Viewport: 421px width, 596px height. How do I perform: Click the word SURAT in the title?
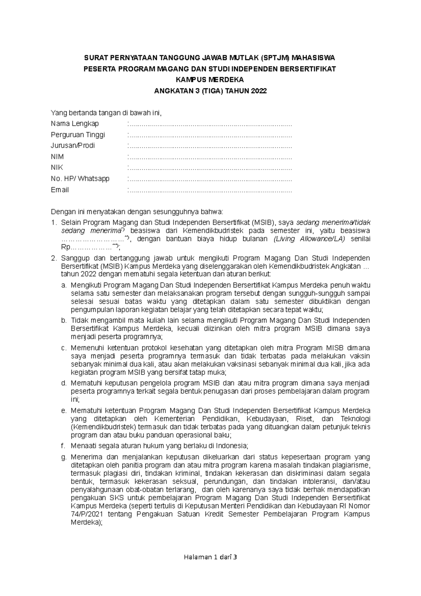coord(95,58)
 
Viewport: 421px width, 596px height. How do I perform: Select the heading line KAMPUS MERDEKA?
coord(209,80)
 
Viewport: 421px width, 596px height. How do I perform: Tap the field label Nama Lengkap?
coord(75,124)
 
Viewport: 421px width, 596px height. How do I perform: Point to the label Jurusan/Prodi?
coord(73,146)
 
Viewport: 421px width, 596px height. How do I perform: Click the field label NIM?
coord(57,157)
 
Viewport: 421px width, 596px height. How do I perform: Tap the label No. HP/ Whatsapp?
coord(80,179)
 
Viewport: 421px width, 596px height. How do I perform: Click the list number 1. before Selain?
coord(54,223)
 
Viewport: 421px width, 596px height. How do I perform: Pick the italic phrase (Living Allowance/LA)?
coord(309,239)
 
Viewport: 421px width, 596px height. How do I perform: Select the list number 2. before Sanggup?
coord(54,259)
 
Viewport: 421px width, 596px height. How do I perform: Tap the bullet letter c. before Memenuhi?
coord(64,348)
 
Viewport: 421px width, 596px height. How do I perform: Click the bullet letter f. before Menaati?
coord(63,446)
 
